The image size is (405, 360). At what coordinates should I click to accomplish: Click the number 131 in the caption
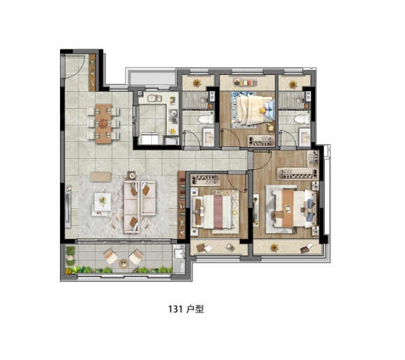176,309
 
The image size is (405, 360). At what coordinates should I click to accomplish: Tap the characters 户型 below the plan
195,309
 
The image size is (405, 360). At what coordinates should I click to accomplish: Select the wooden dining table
103,124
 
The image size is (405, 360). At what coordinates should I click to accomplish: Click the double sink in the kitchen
155,98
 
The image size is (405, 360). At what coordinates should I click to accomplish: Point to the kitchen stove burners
174,116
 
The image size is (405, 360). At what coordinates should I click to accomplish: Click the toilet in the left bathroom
206,119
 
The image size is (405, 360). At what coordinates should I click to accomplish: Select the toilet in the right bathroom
303,119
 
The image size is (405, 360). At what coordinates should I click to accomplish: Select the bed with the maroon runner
213,212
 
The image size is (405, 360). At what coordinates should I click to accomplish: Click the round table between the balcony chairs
123,263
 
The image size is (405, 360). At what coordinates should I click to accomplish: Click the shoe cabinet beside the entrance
92,72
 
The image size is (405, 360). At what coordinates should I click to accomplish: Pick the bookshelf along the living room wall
182,205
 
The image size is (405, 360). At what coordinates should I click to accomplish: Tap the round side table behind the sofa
132,175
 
